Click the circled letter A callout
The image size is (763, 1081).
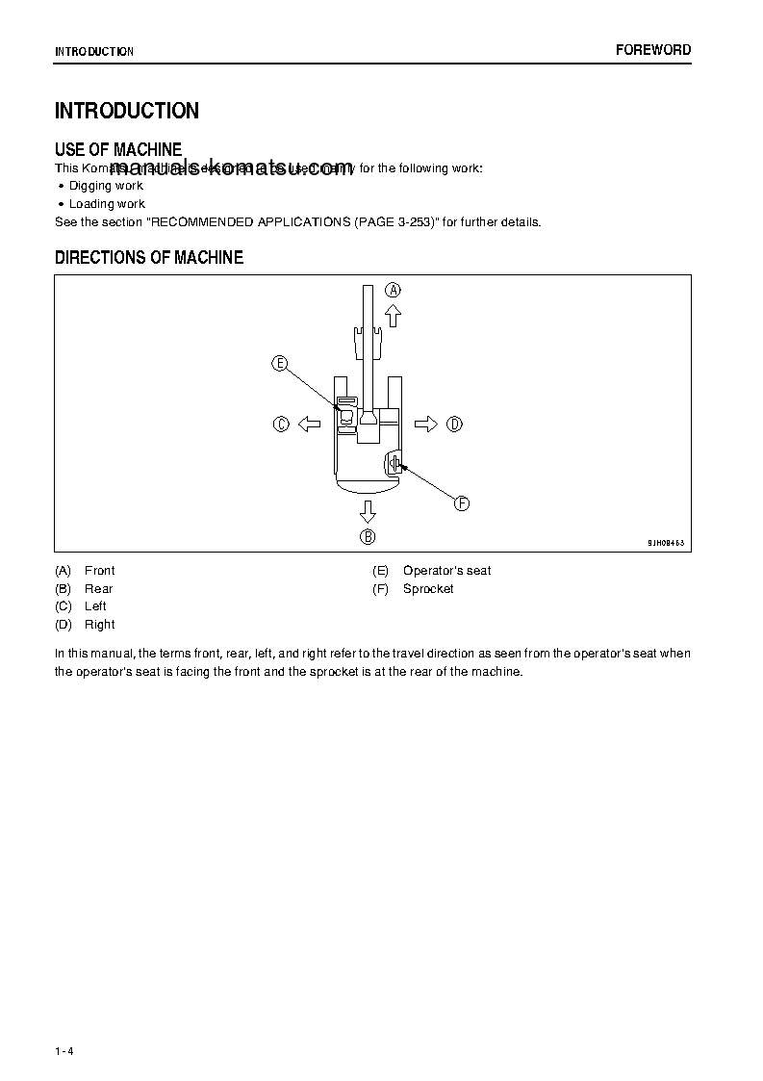click(394, 290)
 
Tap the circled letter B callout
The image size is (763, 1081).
click(368, 536)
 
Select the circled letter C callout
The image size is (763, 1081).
click(281, 424)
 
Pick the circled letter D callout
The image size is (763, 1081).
click(454, 424)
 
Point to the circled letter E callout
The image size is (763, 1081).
click(279, 363)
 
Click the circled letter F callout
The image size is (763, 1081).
click(461, 503)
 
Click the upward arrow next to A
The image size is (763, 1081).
click(393, 315)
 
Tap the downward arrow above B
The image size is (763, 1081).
click(368, 510)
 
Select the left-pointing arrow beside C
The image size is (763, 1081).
click(308, 424)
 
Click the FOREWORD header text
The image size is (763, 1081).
click(653, 50)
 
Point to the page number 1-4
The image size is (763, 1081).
click(64, 1051)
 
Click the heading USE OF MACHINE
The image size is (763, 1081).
click(118, 149)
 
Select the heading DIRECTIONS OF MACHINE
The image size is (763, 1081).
click(149, 258)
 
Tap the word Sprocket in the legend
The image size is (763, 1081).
click(428, 589)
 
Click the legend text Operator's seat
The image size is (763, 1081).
click(446, 571)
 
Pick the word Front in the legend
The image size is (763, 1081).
click(99, 571)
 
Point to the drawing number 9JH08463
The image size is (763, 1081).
click(665, 543)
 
